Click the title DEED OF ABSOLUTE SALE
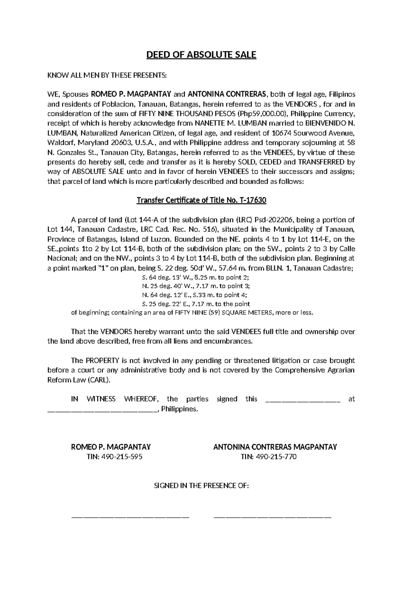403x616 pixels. (x=201, y=55)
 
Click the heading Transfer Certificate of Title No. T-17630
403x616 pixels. (x=201, y=201)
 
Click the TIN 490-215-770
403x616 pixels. (x=269, y=457)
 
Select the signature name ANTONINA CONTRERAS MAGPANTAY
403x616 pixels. (x=275, y=447)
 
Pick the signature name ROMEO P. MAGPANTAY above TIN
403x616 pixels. (x=110, y=447)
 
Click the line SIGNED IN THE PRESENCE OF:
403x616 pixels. (x=201, y=486)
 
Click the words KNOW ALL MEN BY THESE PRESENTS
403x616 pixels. (x=107, y=75)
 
